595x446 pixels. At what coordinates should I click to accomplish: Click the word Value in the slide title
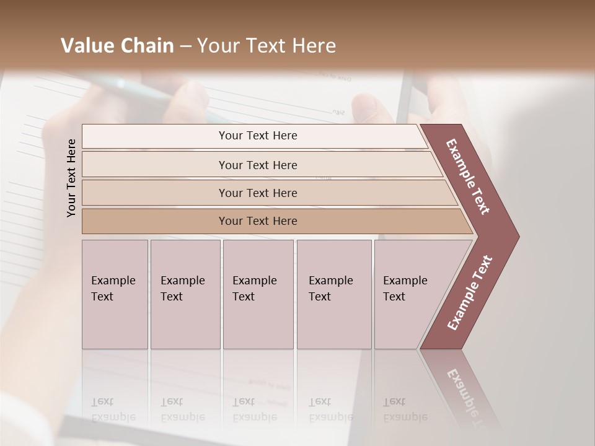[x=86, y=46]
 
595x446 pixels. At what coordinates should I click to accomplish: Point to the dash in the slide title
[x=185, y=46]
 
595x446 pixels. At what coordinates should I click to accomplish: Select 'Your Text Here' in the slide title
[x=266, y=46]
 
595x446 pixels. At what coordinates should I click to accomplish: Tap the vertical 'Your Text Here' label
[x=71, y=178]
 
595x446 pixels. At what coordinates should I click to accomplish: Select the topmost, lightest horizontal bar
[x=257, y=136]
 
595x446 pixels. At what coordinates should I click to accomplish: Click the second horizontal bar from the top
[x=257, y=165]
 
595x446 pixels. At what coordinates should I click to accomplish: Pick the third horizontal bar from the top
[x=257, y=193]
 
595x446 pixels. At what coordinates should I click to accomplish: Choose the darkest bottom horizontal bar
[x=257, y=221]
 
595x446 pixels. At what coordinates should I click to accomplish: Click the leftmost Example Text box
[x=115, y=294]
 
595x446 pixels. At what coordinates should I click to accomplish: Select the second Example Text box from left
[x=185, y=294]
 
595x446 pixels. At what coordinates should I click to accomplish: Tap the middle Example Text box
[x=258, y=294]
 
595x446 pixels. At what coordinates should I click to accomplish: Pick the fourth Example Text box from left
[x=334, y=294]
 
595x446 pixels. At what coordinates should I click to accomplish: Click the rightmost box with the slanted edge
[x=409, y=294]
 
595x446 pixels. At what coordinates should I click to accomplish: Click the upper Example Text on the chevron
[x=469, y=177]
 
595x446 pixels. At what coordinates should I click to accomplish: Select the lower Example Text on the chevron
[x=470, y=292]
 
